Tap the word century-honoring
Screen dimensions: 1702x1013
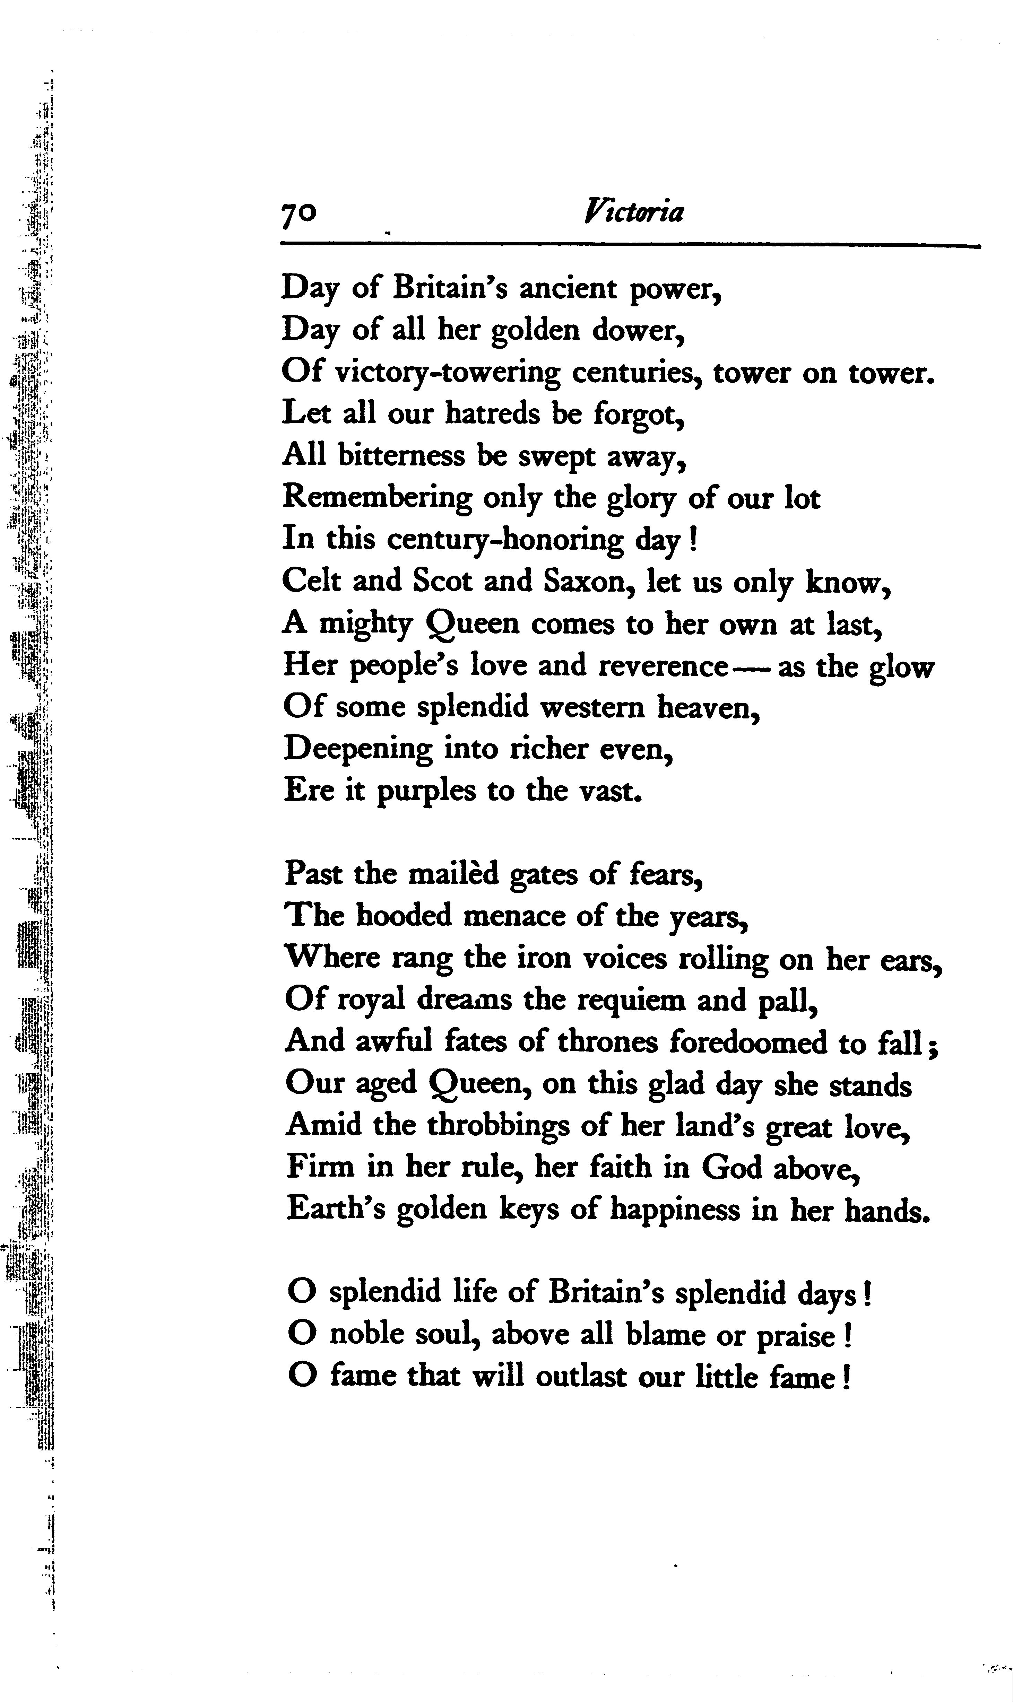(x=505, y=541)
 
